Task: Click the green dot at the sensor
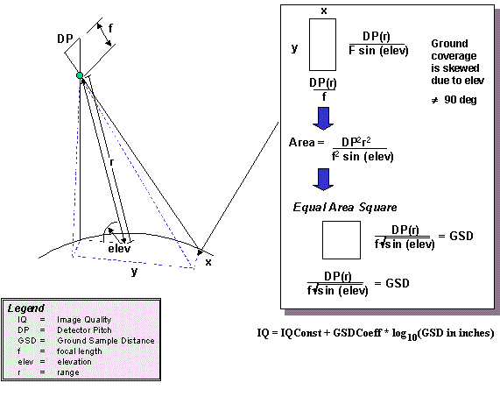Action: [80, 75]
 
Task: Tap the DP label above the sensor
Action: [65, 39]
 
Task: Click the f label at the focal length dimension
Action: [110, 28]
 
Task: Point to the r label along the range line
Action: [111, 163]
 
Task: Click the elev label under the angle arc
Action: [119, 249]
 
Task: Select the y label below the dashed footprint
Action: [135, 272]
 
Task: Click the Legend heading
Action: [25, 308]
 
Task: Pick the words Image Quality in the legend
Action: [84, 320]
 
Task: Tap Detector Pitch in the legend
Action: [85, 330]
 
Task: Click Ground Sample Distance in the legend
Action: [106, 341]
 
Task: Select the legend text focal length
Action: [80, 351]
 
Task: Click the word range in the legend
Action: [68, 372]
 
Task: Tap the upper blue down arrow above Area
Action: [323, 118]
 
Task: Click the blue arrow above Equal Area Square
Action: [323, 180]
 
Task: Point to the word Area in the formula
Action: [302, 142]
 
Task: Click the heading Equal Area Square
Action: [345, 208]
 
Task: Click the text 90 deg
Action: [461, 100]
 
